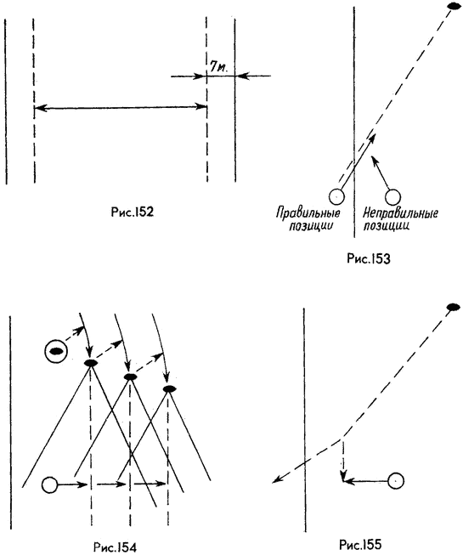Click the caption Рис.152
tap(132, 212)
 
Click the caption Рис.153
tap(369, 258)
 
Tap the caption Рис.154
tap(115, 547)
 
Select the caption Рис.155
tap(360, 544)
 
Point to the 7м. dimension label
tap(219, 67)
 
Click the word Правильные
tap(308, 213)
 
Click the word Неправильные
tap(401, 213)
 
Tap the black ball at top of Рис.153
tap(454, 6)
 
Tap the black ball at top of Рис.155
tap(453, 307)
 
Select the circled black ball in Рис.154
tap(56, 351)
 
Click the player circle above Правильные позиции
tap(336, 196)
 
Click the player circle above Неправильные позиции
tap(392, 197)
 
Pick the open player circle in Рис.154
tap(50, 484)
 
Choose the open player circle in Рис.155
tap(396, 481)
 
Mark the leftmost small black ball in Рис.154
tap(91, 363)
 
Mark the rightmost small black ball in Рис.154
tap(170, 389)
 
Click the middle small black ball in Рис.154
tap(130, 377)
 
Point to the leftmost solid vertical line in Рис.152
tap(6, 102)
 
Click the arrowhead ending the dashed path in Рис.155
tap(277, 479)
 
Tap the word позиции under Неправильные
tap(387, 226)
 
